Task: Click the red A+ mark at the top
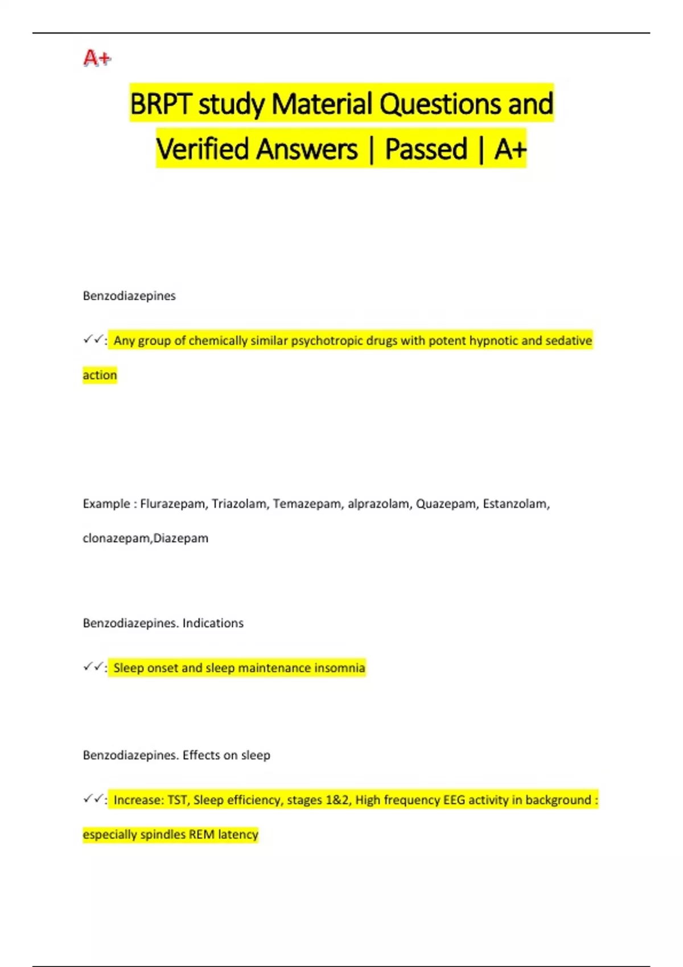point(97,58)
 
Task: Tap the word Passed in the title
point(426,149)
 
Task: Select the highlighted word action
point(100,375)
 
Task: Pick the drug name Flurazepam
point(173,504)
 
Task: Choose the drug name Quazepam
point(447,504)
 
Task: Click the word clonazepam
point(117,538)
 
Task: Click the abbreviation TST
point(178,800)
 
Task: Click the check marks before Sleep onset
point(93,667)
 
